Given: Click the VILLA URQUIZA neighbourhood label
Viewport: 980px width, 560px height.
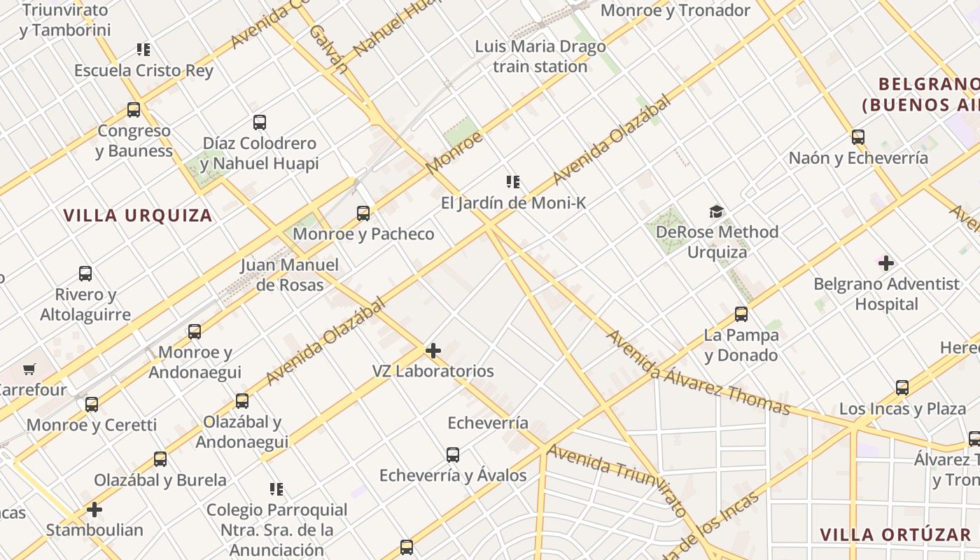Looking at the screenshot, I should tap(138, 216).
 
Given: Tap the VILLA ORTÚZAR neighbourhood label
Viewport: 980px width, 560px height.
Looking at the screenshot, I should tap(895, 535).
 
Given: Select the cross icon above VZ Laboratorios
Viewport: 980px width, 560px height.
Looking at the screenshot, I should tap(433, 350).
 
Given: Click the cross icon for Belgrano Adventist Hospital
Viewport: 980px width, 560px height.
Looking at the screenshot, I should tap(886, 263).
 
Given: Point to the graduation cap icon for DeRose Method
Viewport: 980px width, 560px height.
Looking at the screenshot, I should tap(716, 211).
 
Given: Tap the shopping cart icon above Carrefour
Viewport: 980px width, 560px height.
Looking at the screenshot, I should tap(29, 369).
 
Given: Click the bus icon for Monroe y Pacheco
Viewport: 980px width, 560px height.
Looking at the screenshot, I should tap(363, 213).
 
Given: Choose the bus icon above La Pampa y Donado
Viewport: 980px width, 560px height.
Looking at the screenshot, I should tap(741, 314).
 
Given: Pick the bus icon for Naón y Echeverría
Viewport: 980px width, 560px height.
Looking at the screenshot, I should tap(858, 137).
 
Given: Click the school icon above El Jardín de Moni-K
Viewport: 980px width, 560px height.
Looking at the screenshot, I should tap(513, 183).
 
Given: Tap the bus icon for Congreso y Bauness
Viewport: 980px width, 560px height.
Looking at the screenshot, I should tap(134, 110).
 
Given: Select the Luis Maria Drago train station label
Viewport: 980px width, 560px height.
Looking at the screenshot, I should tap(540, 57).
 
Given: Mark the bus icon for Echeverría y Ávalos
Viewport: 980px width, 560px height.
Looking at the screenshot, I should tap(453, 455).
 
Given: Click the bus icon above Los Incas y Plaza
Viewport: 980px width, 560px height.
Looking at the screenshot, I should tap(902, 388).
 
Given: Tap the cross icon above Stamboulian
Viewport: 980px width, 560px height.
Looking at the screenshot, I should tap(94, 510).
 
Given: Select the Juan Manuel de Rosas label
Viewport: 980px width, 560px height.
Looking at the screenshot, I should tap(289, 275).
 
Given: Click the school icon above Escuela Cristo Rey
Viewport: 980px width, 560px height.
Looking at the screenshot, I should tap(143, 50).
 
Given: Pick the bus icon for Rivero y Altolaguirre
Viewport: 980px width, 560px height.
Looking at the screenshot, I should tap(85, 274).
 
